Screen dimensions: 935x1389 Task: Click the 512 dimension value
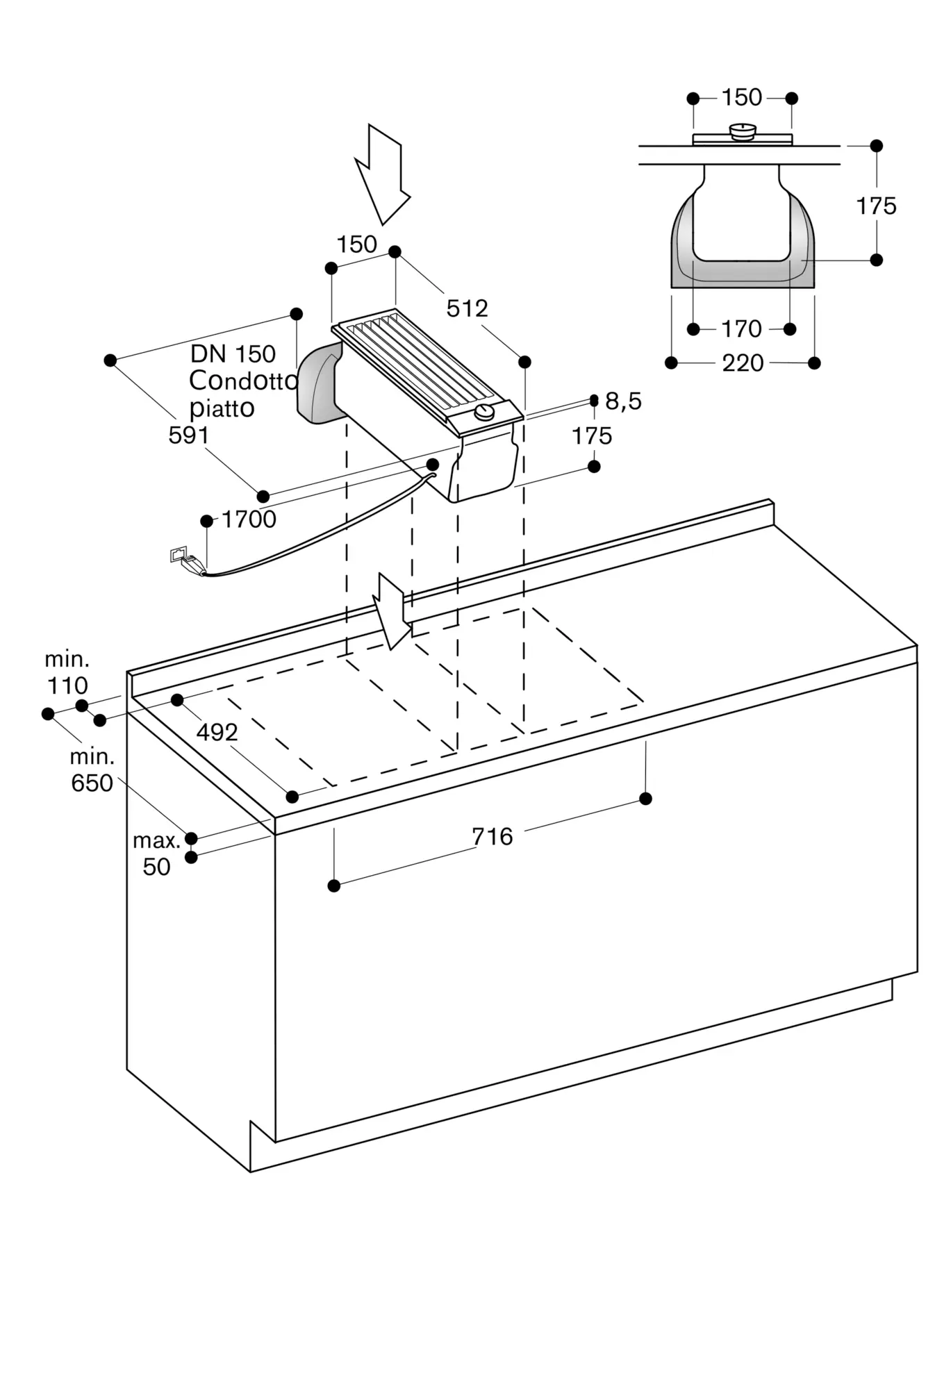(x=467, y=308)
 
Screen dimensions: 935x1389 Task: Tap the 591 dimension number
(x=188, y=435)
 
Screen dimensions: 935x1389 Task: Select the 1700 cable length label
(x=249, y=519)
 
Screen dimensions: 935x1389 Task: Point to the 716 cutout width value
(x=493, y=836)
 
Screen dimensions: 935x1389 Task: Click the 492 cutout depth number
(x=217, y=732)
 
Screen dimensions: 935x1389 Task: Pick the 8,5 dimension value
(x=623, y=401)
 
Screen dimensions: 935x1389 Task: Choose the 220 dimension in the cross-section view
(x=743, y=363)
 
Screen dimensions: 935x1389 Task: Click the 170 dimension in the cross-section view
(x=742, y=328)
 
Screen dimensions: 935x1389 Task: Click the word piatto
(x=222, y=408)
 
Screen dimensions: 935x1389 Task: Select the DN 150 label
(x=233, y=354)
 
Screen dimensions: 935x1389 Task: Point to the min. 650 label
(x=92, y=770)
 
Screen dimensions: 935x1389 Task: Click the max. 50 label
(x=156, y=854)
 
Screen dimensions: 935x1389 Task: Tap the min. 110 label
(x=67, y=672)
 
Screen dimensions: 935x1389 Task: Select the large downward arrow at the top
(x=381, y=174)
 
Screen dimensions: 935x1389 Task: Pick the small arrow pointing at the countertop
(x=393, y=612)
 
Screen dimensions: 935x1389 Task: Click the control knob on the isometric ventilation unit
(x=484, y=413)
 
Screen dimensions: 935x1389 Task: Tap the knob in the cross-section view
(x=743, y=131)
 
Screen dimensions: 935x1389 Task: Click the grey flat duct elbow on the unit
(x=320, y=383)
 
